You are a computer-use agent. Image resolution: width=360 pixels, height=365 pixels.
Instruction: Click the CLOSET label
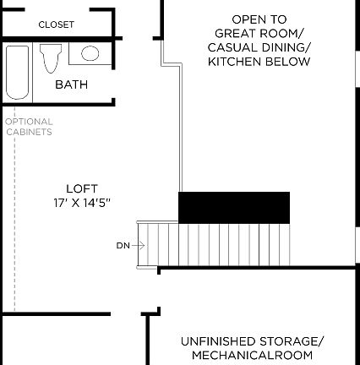56,25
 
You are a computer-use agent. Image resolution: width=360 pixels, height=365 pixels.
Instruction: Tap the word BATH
71,84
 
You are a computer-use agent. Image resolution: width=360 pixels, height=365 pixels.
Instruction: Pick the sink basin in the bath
90,53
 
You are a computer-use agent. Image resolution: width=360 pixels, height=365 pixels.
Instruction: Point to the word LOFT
82,188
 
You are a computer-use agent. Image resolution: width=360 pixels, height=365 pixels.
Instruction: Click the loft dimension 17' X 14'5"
82,203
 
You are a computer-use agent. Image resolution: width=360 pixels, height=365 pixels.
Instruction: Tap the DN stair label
123,246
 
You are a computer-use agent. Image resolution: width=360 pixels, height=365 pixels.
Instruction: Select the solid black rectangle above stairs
234,207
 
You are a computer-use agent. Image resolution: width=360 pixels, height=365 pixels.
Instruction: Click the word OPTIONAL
29,122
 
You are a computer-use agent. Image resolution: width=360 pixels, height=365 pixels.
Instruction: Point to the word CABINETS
29,132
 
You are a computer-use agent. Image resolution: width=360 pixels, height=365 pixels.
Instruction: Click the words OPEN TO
259,19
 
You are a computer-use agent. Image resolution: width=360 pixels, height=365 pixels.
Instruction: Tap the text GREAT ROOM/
259,33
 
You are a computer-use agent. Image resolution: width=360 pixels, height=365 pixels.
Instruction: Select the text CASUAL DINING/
259,47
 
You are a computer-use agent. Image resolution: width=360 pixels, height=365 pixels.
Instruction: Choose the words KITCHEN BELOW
259,62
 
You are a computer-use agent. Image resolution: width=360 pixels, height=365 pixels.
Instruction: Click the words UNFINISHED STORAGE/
252,341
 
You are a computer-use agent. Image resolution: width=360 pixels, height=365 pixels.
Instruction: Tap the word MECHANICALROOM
252,356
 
